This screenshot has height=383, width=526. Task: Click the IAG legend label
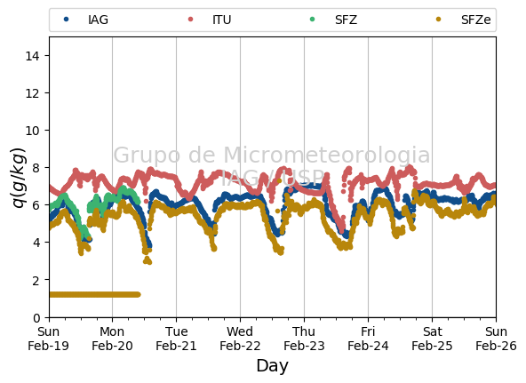coord(98,20)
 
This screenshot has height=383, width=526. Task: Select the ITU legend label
coord(222,20)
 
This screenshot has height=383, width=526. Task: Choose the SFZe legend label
coord(475,20)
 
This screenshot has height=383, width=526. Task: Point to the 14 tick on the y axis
coord(32,56)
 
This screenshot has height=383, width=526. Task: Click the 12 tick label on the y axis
coord(32,93)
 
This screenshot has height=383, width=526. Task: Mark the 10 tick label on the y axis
coord(32,130)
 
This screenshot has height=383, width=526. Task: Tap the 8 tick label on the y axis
coord(36,167)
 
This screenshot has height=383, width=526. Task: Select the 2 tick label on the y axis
coord(36,280)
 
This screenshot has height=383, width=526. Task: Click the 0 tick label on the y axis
coord(36,317)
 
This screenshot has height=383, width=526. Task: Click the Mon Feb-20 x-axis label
coord(112,339)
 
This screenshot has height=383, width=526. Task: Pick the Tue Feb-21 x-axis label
coord(176,339)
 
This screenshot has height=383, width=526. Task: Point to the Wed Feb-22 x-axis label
coord(240,339)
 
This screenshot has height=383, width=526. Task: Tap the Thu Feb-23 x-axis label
coord(304,339)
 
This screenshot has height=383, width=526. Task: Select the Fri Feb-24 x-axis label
coord(368,339)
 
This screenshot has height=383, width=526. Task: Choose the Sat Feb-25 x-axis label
coord(432,339)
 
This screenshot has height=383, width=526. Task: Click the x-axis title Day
coord(273,365)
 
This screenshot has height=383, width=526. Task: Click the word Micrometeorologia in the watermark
coord(326,155)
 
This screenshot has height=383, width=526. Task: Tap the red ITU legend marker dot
coord(190,20)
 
